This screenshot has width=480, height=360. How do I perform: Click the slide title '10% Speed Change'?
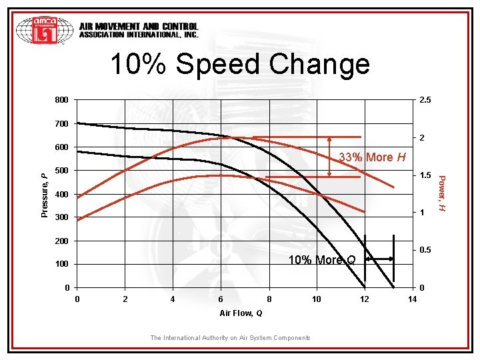click(x=239, y=64)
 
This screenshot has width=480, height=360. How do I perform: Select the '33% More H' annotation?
click(x=373, y=157)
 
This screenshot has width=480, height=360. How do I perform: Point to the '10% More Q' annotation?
click(x=321, y=259)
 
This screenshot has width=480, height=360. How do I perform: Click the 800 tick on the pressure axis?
click(x=61, y=100)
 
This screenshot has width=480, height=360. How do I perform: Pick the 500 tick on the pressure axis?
click(x=61, y=171)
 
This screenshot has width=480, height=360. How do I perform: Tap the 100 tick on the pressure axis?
click(x=61, y=265)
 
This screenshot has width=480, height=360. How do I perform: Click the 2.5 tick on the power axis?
click(x=425, y=100)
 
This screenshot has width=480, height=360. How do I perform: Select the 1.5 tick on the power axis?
click(x=425, y=176)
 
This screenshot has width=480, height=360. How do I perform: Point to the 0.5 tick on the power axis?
click(x=425, y=250)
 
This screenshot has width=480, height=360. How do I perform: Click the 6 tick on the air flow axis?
click(x=221, y=299)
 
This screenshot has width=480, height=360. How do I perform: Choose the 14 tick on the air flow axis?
click(x=412, y=299)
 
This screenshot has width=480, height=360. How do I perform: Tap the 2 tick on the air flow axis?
click(x=125, y=299)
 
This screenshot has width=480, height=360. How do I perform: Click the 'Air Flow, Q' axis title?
click(x=241, y=313)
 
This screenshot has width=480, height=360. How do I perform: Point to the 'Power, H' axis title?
click(x=441, y=194)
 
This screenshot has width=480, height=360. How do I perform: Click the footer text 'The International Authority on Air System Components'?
click(x=230, y=338)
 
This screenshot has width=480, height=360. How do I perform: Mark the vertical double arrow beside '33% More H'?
click(x=329, y=157)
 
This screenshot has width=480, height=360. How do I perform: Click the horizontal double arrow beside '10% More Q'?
click(x=380, y=259)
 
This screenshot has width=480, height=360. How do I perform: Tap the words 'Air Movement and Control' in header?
click(x=139, y=27)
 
